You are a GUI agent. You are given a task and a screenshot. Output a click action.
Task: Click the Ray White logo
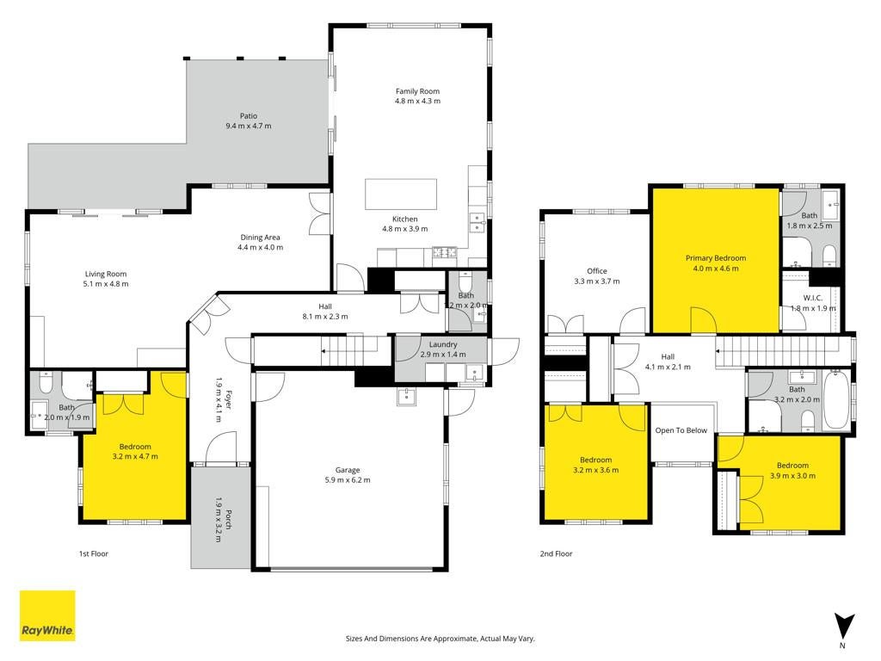pos(47,615)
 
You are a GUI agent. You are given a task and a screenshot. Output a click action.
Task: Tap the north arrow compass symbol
pos(843,627)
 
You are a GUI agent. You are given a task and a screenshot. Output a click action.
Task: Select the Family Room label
pos(417,91)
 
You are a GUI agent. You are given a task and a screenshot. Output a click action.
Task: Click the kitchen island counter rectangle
pos(401,194)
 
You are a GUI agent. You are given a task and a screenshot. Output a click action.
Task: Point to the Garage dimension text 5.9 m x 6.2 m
pos(348,480)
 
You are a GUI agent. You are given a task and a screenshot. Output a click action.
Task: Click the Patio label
pos(249,116)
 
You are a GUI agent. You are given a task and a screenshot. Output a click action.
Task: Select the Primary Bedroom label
pos(716,258)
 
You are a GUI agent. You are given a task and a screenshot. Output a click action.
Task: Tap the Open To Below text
pos(681,430)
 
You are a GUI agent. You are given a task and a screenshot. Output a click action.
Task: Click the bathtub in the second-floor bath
pos(836,399)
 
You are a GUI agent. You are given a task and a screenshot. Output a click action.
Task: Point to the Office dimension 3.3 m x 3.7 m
pos(597,281)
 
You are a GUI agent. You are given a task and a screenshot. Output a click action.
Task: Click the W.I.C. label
pos(812,298)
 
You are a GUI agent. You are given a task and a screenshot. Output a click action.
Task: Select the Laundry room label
pos(443,344)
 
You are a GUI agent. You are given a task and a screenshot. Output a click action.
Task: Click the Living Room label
pos(106,275)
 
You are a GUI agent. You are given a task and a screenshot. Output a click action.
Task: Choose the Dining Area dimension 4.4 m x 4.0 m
pos(260,247)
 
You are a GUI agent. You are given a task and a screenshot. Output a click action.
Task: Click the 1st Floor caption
pos(93,553)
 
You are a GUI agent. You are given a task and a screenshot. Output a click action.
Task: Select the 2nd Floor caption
pos(557,553)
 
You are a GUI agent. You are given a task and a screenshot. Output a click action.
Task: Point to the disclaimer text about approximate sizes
pos(440,639)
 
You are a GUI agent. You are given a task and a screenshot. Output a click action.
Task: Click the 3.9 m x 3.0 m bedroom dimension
pos(792,475)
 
